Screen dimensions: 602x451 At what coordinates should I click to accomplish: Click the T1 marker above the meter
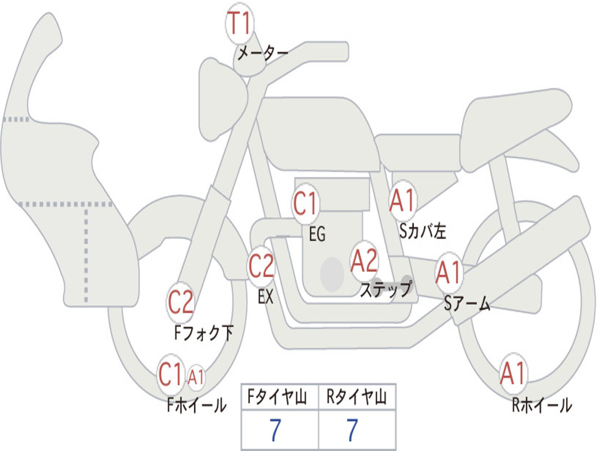(240, 23)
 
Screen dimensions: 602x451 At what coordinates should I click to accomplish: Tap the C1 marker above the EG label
(305, 203)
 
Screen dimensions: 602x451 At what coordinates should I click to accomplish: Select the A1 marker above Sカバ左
(402, 200)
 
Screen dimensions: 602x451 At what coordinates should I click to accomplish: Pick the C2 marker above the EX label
(262, 266)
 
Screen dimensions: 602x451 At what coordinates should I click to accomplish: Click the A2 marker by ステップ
(364, 261)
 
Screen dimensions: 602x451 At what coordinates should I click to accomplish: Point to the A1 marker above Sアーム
(449, 272)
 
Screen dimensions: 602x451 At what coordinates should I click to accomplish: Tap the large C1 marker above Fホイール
(170, 374)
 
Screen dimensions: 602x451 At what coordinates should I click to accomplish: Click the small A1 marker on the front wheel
(196, 376)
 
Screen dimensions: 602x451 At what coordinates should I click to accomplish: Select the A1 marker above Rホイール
(513, 373)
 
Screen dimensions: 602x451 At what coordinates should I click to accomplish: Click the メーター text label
(263, 53)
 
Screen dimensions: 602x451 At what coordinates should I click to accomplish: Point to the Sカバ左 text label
(423, 231)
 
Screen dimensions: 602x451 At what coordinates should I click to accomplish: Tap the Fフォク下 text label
(203, 333)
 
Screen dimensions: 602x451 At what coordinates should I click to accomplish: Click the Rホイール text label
(542, 405)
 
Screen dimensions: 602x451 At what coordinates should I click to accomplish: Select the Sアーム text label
(467, 304)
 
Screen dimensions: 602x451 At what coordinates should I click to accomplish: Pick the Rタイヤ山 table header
(356, 396)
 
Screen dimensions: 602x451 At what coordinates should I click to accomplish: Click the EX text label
(266, 297)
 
